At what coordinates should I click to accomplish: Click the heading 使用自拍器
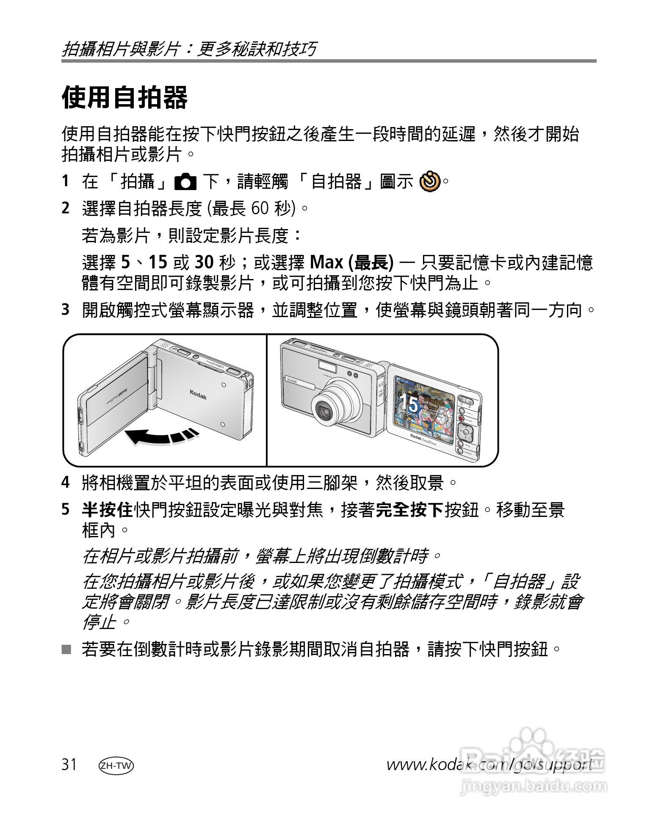(x=124, y=97)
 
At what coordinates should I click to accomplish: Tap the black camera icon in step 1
(x=185, y=182)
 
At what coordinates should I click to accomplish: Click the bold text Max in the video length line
(x=326, y=263)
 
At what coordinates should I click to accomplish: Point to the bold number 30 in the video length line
(x=204, y=263)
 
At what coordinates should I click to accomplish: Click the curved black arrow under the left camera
(x=161, y=436)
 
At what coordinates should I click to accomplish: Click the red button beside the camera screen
(x=462, y=419)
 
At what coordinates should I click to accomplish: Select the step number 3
(x=65, y=310)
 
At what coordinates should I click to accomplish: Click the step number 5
(x=65, y=510)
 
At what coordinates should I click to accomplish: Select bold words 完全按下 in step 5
(x=410, y=510)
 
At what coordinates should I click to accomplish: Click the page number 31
(x=69, y=765)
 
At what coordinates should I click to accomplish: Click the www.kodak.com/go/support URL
(x=489, y=765)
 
